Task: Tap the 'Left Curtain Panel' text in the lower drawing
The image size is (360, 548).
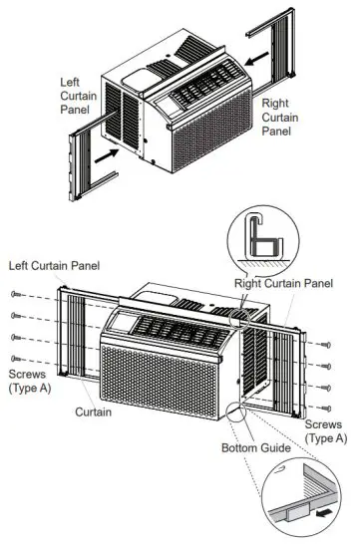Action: (60, 266)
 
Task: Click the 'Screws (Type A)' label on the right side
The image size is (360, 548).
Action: (326, 430)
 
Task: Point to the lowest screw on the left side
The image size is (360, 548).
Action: (15, 357)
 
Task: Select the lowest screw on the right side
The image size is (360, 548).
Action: (329, 408)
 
